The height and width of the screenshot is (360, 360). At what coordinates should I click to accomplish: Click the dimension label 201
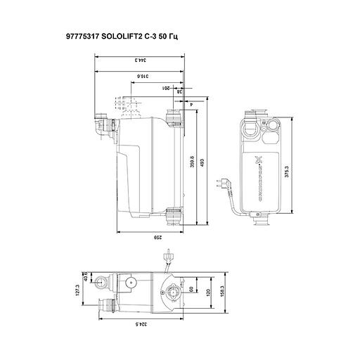[167, 88]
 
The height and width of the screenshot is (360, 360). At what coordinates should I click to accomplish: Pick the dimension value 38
[179, 91]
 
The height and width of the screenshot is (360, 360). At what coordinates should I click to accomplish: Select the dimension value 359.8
[193, 162]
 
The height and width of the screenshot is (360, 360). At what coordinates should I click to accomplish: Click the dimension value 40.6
[89, 279]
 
